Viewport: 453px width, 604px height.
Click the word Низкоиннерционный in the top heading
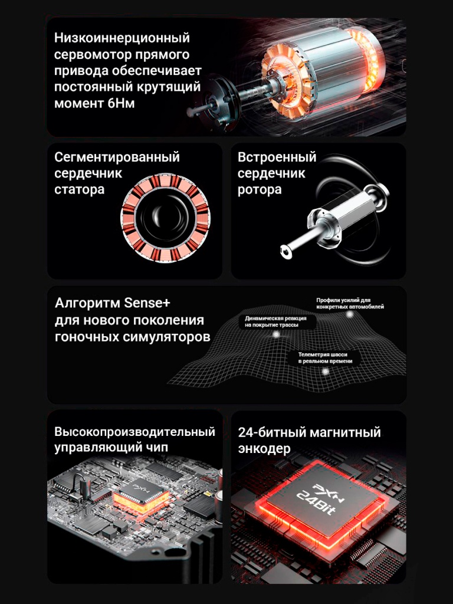[x=122, y=38]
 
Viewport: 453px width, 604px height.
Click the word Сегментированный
[x=117, y=157]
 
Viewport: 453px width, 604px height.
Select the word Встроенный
[x=277, y=157]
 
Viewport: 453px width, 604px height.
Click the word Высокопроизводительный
[x=134, y=432]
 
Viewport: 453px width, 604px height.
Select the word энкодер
[x=264, y=449]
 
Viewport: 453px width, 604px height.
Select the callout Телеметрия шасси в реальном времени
[x=325, y=357]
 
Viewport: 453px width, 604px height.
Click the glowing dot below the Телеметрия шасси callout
[x=324, y=371]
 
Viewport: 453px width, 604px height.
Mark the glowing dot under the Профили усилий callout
[x=350, y=314]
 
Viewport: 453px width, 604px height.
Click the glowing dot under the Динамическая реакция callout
[x=275, y=334]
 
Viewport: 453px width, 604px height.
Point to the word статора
[x=79, y=189]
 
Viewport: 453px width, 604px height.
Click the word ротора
[x=260, y=189]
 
